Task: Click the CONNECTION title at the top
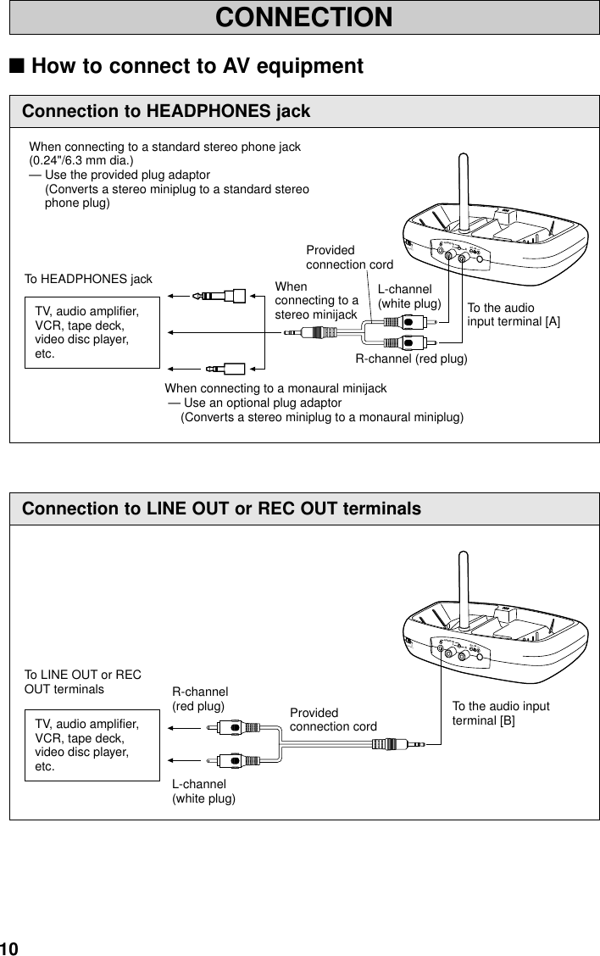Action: pos(303,17)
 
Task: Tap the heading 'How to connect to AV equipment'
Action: pos(197,66)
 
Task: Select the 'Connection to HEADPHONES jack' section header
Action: pos(166,111)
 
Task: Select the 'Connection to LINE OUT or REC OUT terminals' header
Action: pos(221,509)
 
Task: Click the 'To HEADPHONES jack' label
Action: pos(88,279)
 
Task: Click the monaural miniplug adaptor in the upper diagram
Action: pos(225,369)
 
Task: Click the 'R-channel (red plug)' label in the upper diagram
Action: pos(411,358)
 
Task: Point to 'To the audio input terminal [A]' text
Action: pos(514,314)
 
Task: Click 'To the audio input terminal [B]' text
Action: pos(500,714)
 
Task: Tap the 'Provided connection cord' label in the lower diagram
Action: pos(333,720)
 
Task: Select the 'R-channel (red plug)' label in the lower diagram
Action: pos(200,698)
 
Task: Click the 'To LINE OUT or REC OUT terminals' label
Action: pos(82,681)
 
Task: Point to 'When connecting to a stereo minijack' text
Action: pos(316,302)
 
